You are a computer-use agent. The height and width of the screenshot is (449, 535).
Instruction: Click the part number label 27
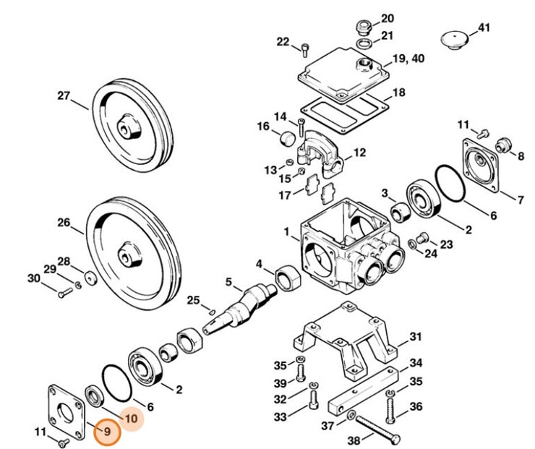coord(64,95)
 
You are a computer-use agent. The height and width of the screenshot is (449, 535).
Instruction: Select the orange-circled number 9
coord(107,432)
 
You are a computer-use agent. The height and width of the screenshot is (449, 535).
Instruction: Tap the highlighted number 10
coord(132,419)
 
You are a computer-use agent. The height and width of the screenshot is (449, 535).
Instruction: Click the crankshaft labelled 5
coord(239,309)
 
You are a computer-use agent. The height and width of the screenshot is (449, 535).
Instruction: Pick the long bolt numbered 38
coord(377,429)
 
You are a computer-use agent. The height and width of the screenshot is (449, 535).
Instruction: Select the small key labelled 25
coord(212,312)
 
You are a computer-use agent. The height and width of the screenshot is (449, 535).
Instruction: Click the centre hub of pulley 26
coord(129,257)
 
